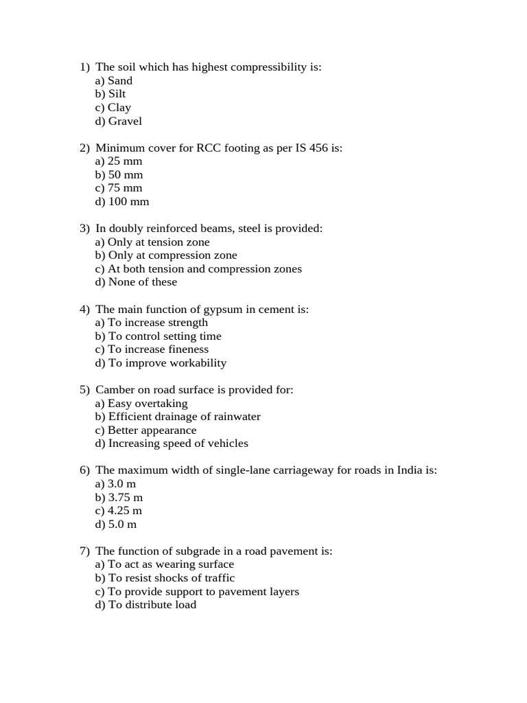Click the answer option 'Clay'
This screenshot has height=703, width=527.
tap(113, 107)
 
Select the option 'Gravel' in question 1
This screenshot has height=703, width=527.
tap(119, 121)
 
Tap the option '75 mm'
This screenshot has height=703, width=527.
tap(119, 187)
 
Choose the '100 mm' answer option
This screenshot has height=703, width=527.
tap(122, 201)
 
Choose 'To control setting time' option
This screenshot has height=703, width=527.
tap(159, 336)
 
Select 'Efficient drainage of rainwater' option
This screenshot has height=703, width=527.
tap(178, 416)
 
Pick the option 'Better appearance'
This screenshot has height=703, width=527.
tap(145, 430)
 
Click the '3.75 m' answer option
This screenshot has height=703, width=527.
tap(119, 497)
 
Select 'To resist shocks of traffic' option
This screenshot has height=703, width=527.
tap(165, 577)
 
